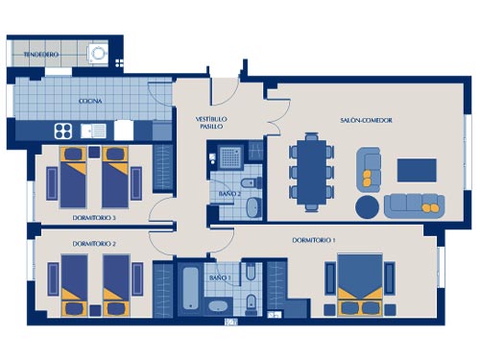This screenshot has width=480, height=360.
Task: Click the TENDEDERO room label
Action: (x=41, y=55)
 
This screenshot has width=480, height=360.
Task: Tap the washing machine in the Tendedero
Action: (x=97, y=53)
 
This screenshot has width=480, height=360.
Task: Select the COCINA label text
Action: (x=90, y=101)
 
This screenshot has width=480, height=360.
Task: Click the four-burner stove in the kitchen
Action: (x=63, y=131)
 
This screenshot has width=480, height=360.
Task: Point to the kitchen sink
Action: (x=93, y=131)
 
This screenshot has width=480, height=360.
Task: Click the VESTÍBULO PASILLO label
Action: (x=211, y=123)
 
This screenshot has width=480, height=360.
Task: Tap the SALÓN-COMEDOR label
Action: (x=366, y=120)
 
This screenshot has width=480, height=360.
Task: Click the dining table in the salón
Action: (x=311, y=172)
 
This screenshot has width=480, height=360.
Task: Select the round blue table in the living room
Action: (x=367, y=206)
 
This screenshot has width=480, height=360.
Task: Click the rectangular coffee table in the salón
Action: (x=417, y=170)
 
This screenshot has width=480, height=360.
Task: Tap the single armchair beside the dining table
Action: (x=369, y=170)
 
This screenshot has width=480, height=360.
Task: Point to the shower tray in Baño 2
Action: (x=230, y=156)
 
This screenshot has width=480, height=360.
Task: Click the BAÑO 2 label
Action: (x=229, y=194)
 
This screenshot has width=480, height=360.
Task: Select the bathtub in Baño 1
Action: (x=191, y=288)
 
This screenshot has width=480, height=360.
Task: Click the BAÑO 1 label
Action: (x=220, y=277)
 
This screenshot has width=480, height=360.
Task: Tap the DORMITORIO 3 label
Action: (x=94, y=218)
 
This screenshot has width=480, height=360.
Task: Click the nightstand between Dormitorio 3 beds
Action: (x=94, y=152)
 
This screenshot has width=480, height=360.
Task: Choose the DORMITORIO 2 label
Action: (x=94, y=244)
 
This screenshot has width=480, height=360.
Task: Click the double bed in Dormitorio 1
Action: (x=360, y=285)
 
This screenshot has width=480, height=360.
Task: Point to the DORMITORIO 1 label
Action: (x=314, y=240)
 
